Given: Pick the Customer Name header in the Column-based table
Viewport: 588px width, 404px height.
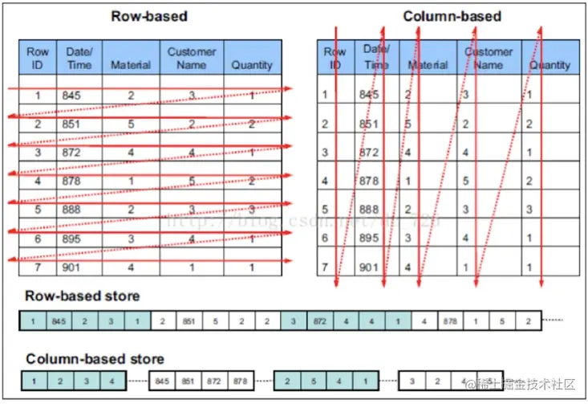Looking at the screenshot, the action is [x=488, y=58].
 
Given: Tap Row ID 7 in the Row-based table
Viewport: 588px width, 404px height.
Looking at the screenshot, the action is [x=38, y=267].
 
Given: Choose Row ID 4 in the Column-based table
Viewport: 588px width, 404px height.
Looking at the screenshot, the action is [x=325, y=181].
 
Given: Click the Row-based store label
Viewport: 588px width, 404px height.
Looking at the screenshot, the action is [x=83, y=296].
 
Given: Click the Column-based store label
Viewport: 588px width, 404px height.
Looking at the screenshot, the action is [x=95, y=358].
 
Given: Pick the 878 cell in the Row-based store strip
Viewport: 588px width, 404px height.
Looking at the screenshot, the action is [x=451, y=321].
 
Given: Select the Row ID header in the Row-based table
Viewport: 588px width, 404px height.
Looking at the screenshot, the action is [x=38, y=58].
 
